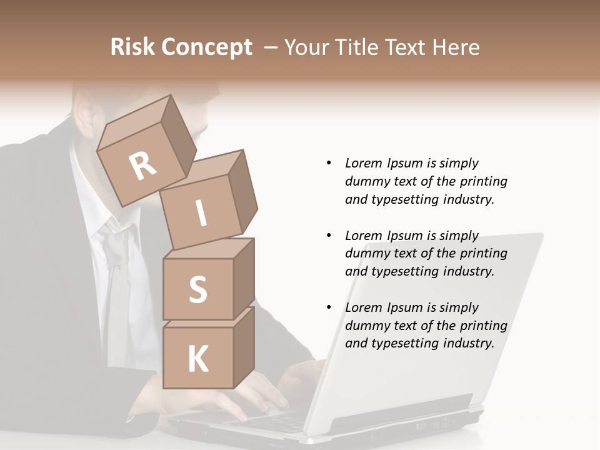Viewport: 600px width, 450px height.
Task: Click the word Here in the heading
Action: point(454,47)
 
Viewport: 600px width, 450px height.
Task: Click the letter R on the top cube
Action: point(142,166)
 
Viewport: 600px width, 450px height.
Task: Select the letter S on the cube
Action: point(197,290)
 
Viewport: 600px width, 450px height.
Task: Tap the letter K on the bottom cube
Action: point(197,359)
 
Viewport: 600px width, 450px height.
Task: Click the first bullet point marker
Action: point(329,163)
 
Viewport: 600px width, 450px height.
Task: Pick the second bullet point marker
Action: point(329,236)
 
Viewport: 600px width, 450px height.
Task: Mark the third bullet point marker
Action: point(329,307)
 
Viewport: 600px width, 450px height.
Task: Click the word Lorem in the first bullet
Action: point(363,163)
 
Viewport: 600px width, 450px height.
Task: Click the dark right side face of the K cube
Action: point(244,347)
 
